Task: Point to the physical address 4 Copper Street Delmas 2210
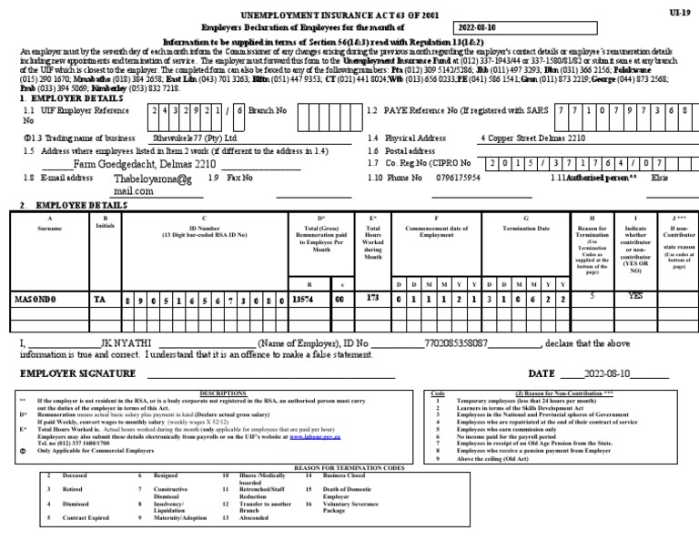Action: [534, 138]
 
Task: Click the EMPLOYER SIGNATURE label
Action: [77, 374]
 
